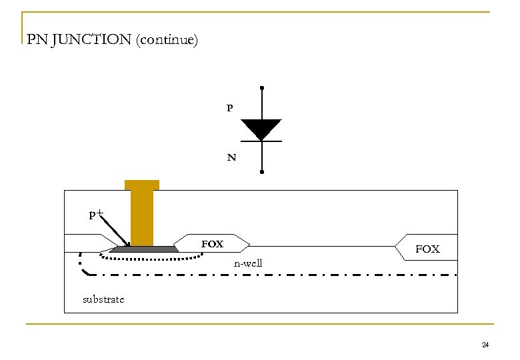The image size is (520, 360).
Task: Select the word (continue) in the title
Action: (x=167, y=40)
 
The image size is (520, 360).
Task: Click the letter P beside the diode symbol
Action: (x=230, y=107)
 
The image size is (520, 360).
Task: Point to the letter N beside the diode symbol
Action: (x=231, y=158)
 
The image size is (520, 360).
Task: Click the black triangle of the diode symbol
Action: (x=261, y=129)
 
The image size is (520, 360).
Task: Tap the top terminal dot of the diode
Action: (x=262, y=88)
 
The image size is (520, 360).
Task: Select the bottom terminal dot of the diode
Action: (x=262, y=173)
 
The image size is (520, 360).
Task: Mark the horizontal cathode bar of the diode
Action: (x=261, y=141)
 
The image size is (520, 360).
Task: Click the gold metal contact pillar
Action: (x=142, y=213)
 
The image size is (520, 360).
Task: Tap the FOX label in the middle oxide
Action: (x=213, y=244)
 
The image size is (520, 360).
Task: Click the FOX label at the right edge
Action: (x=427, y=249)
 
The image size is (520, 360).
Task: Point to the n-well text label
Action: (x=248, y=263)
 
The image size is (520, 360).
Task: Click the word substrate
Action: (x=103, y=299)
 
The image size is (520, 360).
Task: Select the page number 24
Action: (x=485, y=345)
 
